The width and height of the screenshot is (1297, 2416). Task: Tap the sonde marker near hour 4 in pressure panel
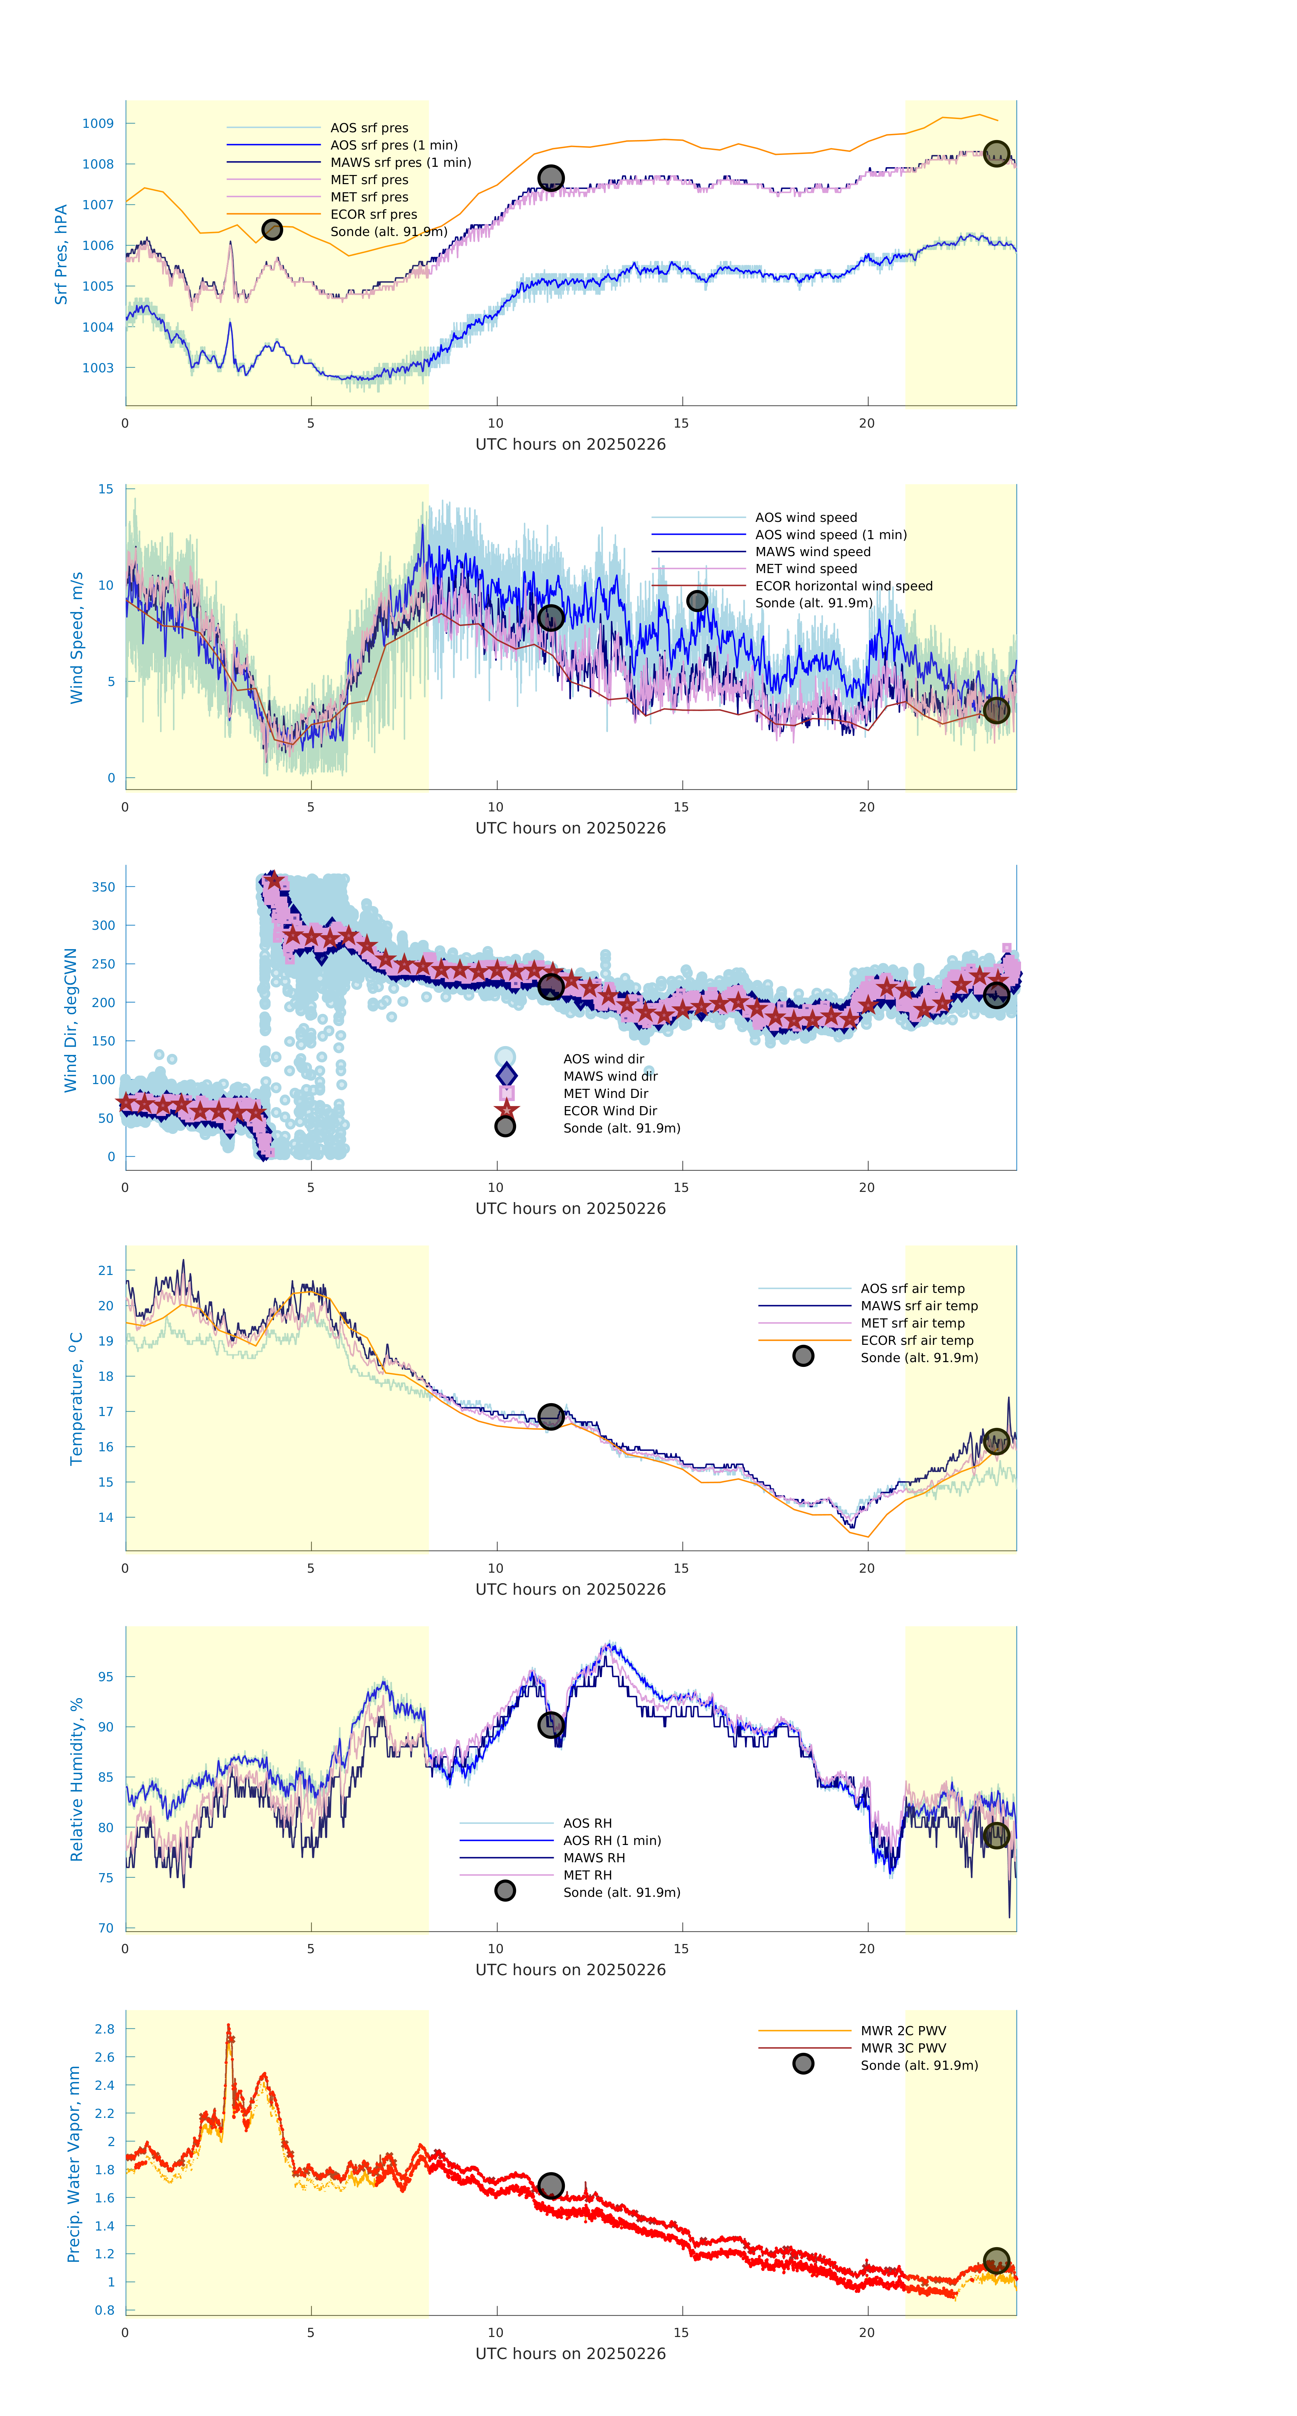pos(272,230)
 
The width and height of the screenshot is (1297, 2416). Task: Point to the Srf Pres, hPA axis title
pos(61,254)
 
